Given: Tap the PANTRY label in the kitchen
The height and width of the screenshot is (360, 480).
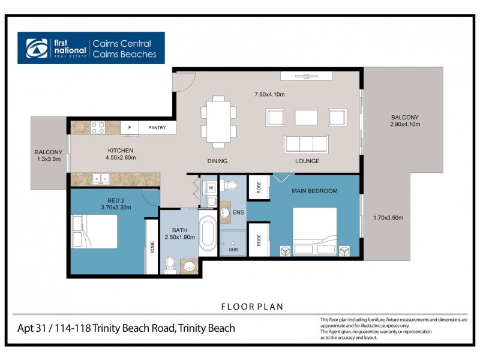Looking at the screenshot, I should (x=157, y=128).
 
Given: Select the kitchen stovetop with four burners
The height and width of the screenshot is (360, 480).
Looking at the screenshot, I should (x=98, y=127).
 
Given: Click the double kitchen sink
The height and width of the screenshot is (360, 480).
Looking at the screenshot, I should (x=100, y=179).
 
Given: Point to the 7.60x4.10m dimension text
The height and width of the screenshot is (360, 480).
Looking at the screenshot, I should (x=269, y=94).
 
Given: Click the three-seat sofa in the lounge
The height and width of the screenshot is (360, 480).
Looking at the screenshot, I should (x=306, y=144).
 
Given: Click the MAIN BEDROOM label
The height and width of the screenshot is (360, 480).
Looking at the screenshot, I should (x=314, y=191).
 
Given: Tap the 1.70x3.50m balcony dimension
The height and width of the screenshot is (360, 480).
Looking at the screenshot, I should (x=388, y=218).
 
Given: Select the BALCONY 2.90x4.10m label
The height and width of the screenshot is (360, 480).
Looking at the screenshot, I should (x=404, y=121).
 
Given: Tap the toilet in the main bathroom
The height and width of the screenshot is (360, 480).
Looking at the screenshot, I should (x=170, y=265).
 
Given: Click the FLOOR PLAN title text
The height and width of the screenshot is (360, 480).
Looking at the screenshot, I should (x=253, y=307).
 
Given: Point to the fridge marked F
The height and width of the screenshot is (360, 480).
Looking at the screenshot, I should (x=130, y=128).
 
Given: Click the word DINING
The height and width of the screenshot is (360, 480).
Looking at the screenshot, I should (x=217, y=161).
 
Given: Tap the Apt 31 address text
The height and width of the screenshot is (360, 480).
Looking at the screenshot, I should (x=126, y=328).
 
